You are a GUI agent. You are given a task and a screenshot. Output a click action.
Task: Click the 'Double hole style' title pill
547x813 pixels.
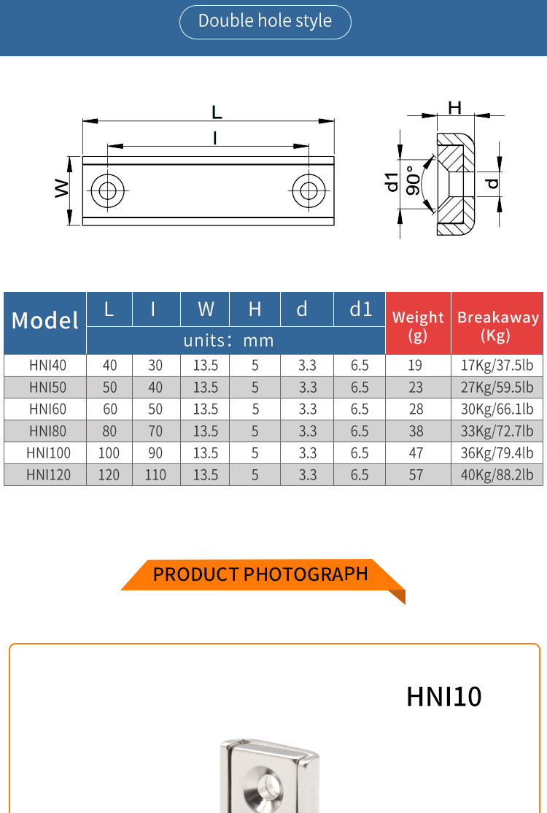(x=265, y=22)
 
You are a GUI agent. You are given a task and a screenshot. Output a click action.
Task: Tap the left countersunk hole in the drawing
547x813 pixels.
(x=108, y=191)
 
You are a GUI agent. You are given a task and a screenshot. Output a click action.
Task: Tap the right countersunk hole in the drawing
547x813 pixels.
(x=309, y=191)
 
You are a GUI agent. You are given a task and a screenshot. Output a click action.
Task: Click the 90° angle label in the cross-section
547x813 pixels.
(x=413, y=181)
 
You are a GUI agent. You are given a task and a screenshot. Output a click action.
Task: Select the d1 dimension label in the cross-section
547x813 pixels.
(x=392, y=182)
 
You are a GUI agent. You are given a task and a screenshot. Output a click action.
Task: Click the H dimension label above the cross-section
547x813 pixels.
(x=454, y=108)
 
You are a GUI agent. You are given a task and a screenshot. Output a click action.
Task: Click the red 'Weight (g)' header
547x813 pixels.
(x=418, y=325)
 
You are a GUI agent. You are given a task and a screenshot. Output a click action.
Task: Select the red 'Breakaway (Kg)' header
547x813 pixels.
(x=497, y=325)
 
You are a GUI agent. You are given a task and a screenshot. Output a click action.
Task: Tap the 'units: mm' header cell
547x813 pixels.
(x=228, y=340)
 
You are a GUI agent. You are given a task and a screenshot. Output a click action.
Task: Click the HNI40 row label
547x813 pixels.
(x=45, y=366)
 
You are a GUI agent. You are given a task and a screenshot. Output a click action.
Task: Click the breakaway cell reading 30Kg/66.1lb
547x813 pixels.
(x=497, y=409)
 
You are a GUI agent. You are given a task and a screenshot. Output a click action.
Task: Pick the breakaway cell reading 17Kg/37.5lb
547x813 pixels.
(x=497, y=366)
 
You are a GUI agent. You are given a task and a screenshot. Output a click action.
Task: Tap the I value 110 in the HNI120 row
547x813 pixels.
(x=155, y=475)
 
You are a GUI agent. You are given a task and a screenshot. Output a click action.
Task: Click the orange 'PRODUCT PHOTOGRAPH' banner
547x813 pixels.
(x=260, y=574)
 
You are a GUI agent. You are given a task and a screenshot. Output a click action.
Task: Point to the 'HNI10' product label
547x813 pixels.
(x=443, y=697)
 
